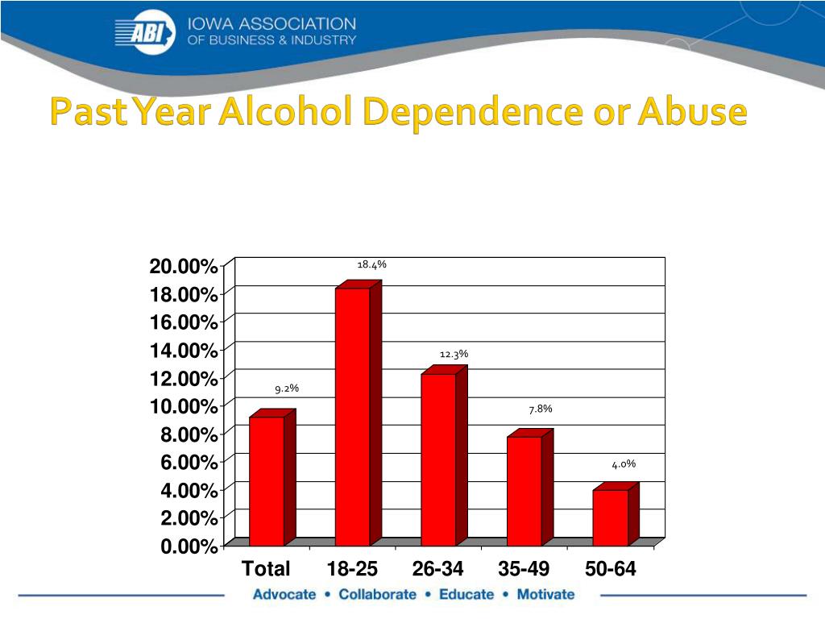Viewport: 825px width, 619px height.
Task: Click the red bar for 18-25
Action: [353, 415]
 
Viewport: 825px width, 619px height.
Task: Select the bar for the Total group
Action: [267, 480]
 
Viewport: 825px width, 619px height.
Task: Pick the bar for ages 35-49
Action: [524, 489]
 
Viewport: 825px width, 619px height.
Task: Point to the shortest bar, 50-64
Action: [610, 516]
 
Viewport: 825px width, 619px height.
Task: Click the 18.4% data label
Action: [372, 264]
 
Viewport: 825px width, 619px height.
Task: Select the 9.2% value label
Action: [287, 388]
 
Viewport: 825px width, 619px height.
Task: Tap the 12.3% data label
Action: [454, 354]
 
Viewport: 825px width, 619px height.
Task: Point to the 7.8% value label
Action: [541, 409]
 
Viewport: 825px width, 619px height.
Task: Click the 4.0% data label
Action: [624, 463]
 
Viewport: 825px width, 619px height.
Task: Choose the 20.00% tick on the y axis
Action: [183, 267]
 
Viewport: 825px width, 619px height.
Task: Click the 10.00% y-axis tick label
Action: [183, 405]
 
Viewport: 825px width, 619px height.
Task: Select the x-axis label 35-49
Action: [524, 569]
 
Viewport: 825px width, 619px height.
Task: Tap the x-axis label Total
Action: [266, 569]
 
